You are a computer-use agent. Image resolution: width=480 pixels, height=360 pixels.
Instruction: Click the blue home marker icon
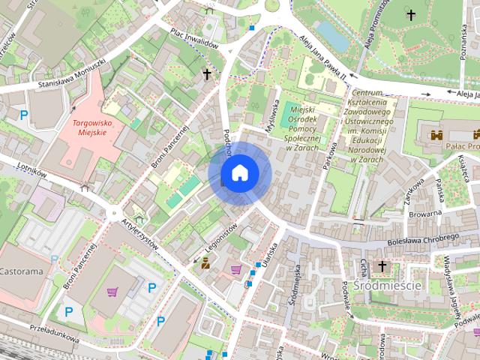click(239, 173)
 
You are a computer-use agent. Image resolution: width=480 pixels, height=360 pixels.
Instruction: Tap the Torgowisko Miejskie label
click(89, 127)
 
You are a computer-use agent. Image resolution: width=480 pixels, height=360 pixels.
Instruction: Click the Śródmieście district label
click(389, 286)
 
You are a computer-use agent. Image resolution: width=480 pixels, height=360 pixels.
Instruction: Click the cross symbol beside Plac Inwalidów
click(207, 74)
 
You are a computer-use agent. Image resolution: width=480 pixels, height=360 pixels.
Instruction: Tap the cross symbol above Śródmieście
click(382, 266)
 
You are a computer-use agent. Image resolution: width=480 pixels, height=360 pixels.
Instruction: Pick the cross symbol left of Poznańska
click(410, 13)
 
